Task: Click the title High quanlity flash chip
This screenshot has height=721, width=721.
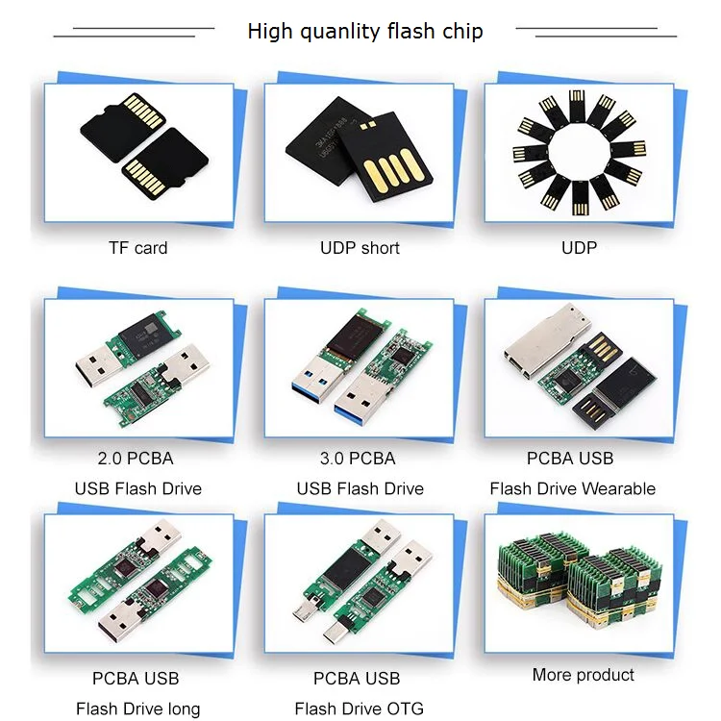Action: point(364,31)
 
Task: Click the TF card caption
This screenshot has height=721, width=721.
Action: point(137,248)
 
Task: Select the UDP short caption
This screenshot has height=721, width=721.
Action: point(360,248)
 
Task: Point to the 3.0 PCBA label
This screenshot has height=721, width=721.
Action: point(360,458)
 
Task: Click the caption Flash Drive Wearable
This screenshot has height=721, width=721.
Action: point(572,488)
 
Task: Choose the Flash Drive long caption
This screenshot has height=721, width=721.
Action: point(138,709)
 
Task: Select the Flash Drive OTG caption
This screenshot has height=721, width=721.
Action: point(359,709)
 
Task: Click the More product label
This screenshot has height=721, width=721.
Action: point(584,675)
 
